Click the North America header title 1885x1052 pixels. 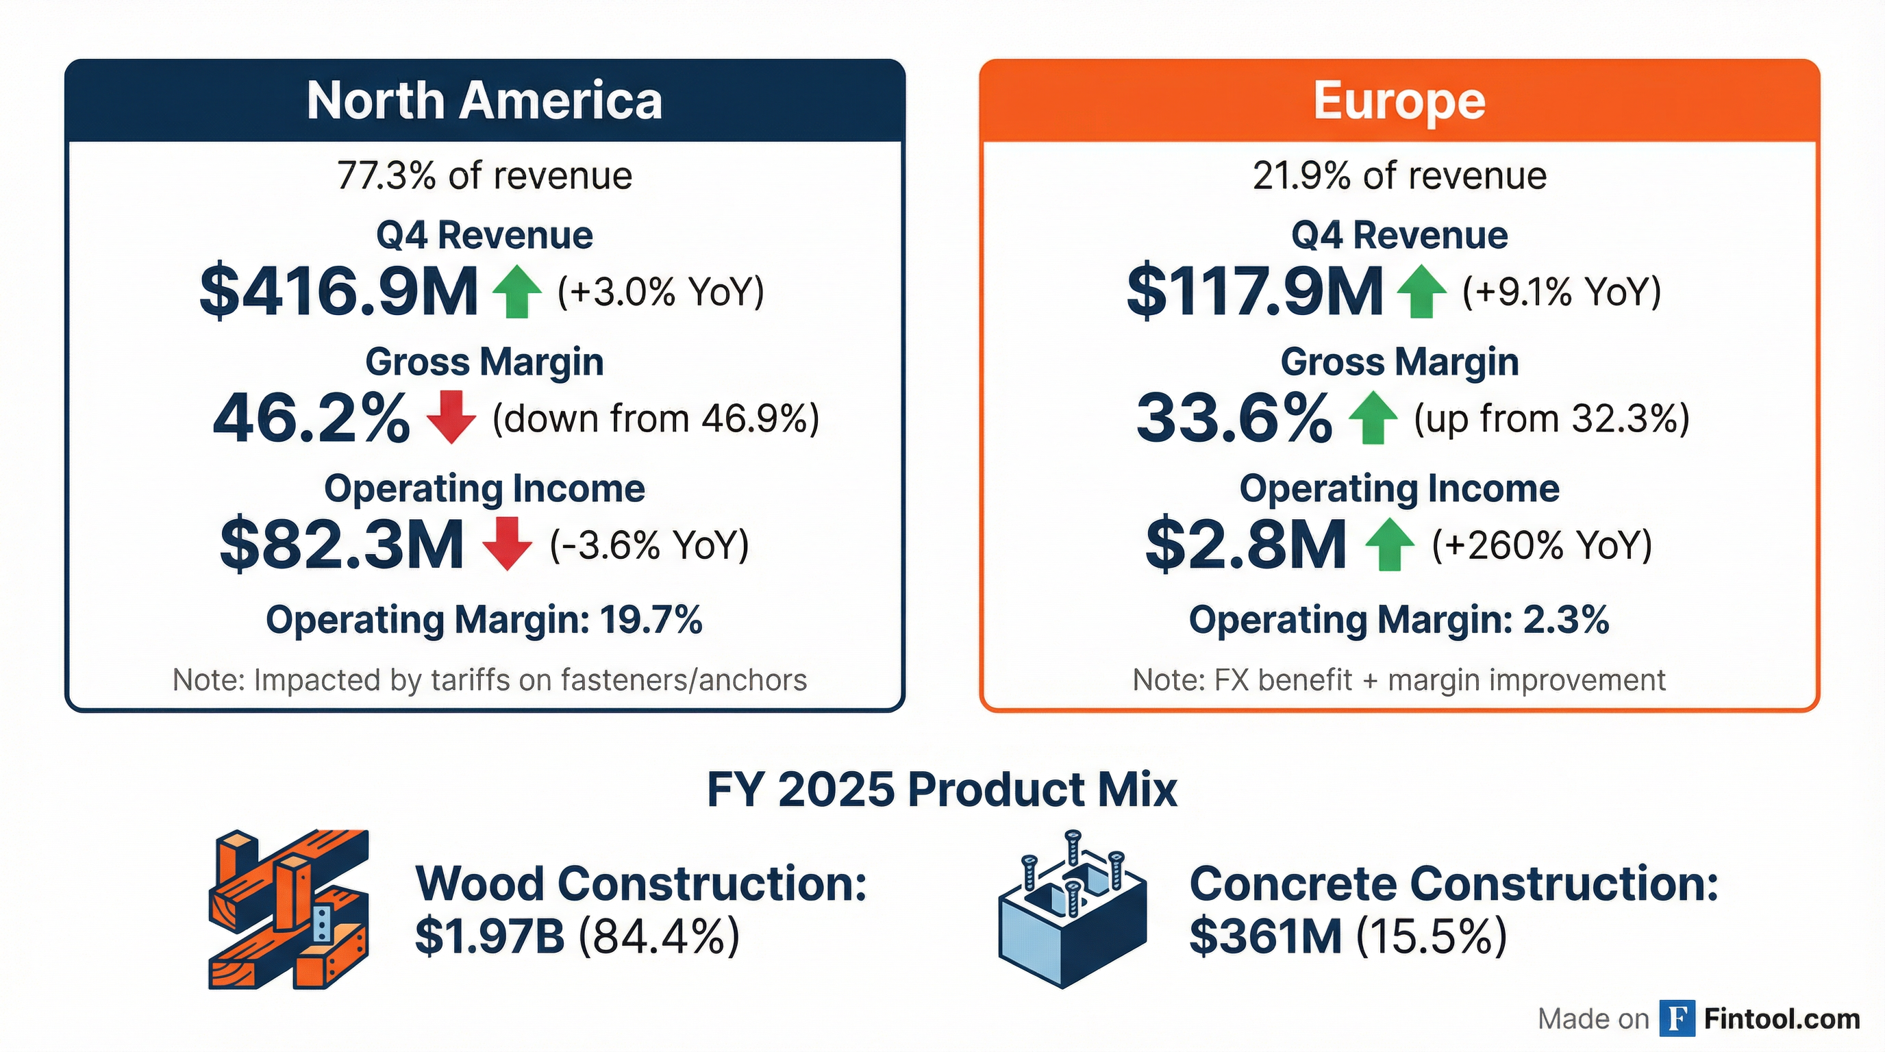coord(484,101)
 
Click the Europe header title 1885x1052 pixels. coord(1399,101)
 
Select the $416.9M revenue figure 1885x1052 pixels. coord(339,292)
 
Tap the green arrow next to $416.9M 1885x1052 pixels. coord(517,292)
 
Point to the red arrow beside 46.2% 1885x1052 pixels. coord(451,417)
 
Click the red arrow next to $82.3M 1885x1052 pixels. coord(507,544)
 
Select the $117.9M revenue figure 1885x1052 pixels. coord(1255,292)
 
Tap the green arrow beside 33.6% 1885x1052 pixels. coord(1373,418)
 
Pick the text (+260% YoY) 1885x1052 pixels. coord(1542,546)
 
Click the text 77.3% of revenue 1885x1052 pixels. coord(484,176)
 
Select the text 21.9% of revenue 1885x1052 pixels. coord(1399,176)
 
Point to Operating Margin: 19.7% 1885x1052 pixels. coord(484,621)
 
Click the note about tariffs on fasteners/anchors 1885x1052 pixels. coord(490,680)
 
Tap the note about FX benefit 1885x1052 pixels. coord(1399,680)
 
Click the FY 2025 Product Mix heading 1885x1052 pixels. coord(942,790)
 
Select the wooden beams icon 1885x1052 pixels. coord(289,910)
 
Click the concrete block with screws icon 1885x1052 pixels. coord(1072,910)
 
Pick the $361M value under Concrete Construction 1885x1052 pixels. coord(1264,936)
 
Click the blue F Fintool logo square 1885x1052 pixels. coord(1677,1019)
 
